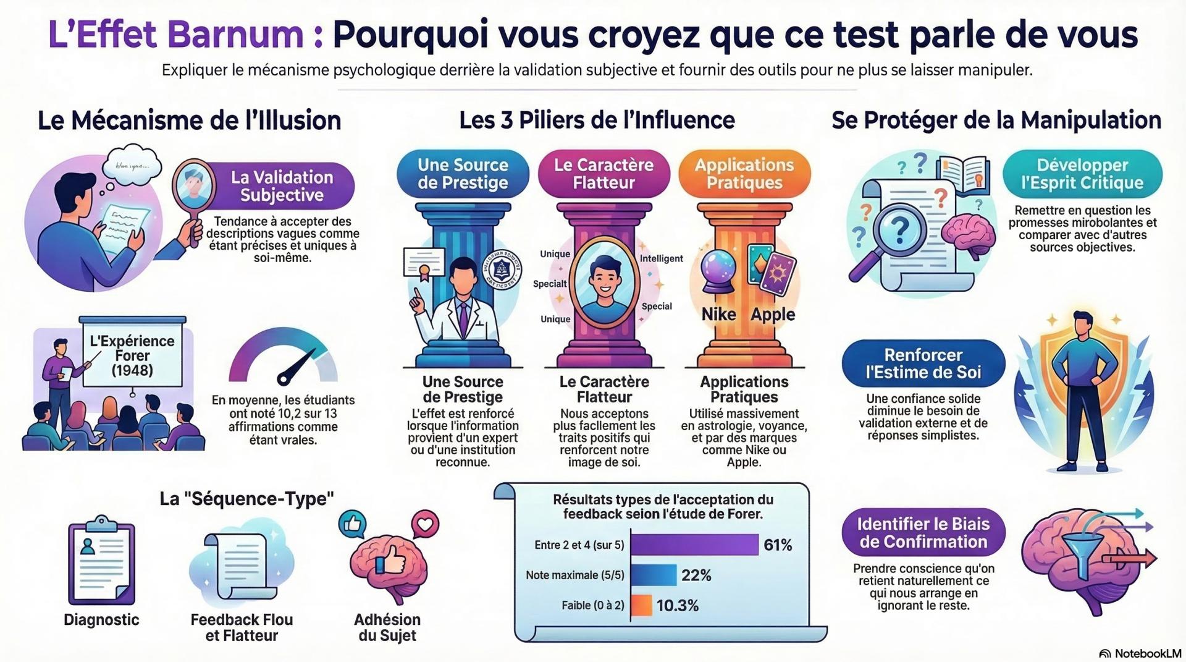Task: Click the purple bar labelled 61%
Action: [694, 545]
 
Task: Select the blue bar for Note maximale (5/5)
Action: [654, 575]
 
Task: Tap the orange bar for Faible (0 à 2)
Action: [642, 605]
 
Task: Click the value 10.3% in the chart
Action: [677, 606]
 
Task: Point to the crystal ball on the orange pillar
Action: [719, 272]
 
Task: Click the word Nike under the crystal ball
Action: [718, 314]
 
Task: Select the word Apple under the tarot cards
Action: [773, 314]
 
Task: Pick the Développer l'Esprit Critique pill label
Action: [1082, 174]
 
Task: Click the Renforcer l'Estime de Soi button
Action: [923, 363]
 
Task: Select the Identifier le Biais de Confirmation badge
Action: [923, 533]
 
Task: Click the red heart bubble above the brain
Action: [425, 524]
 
